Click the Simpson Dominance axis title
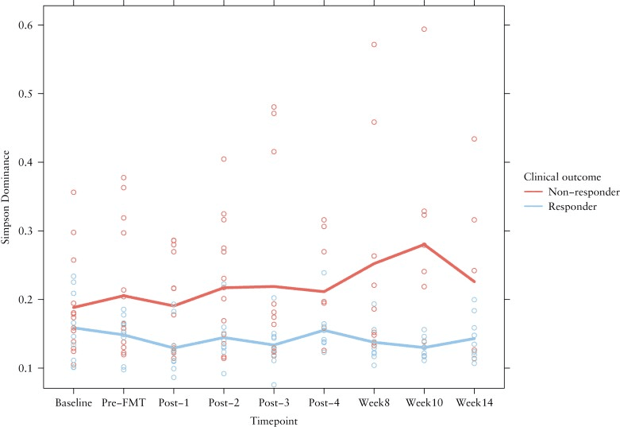[x=8, y=205]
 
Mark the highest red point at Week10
[x=424, y=29]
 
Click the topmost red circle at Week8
[x=374, y=45]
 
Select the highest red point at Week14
[x=474, y=139]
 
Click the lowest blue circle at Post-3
[x=274, y=385]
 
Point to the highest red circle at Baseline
[x=74, y=192]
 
